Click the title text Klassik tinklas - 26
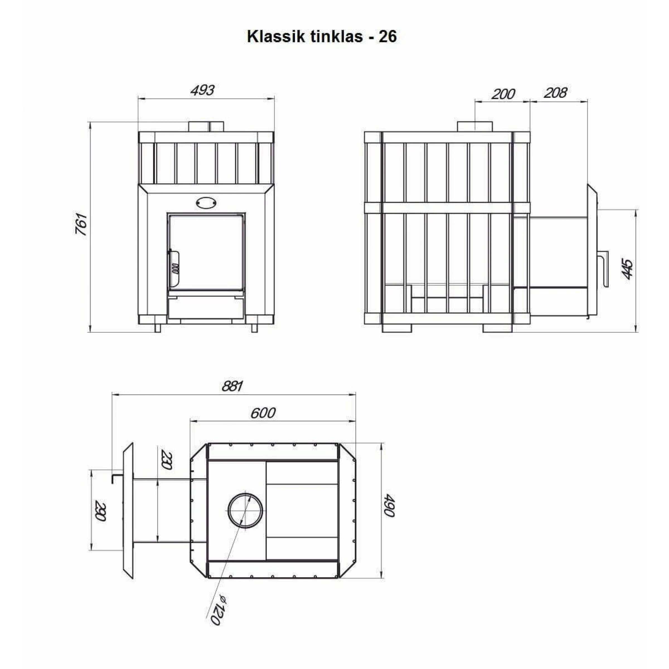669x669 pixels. (322, 36)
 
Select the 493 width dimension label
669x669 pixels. (203, 90)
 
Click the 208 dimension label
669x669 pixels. (555, 93)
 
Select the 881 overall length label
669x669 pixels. (232, 386)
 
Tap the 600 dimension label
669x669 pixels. (263, 413)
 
